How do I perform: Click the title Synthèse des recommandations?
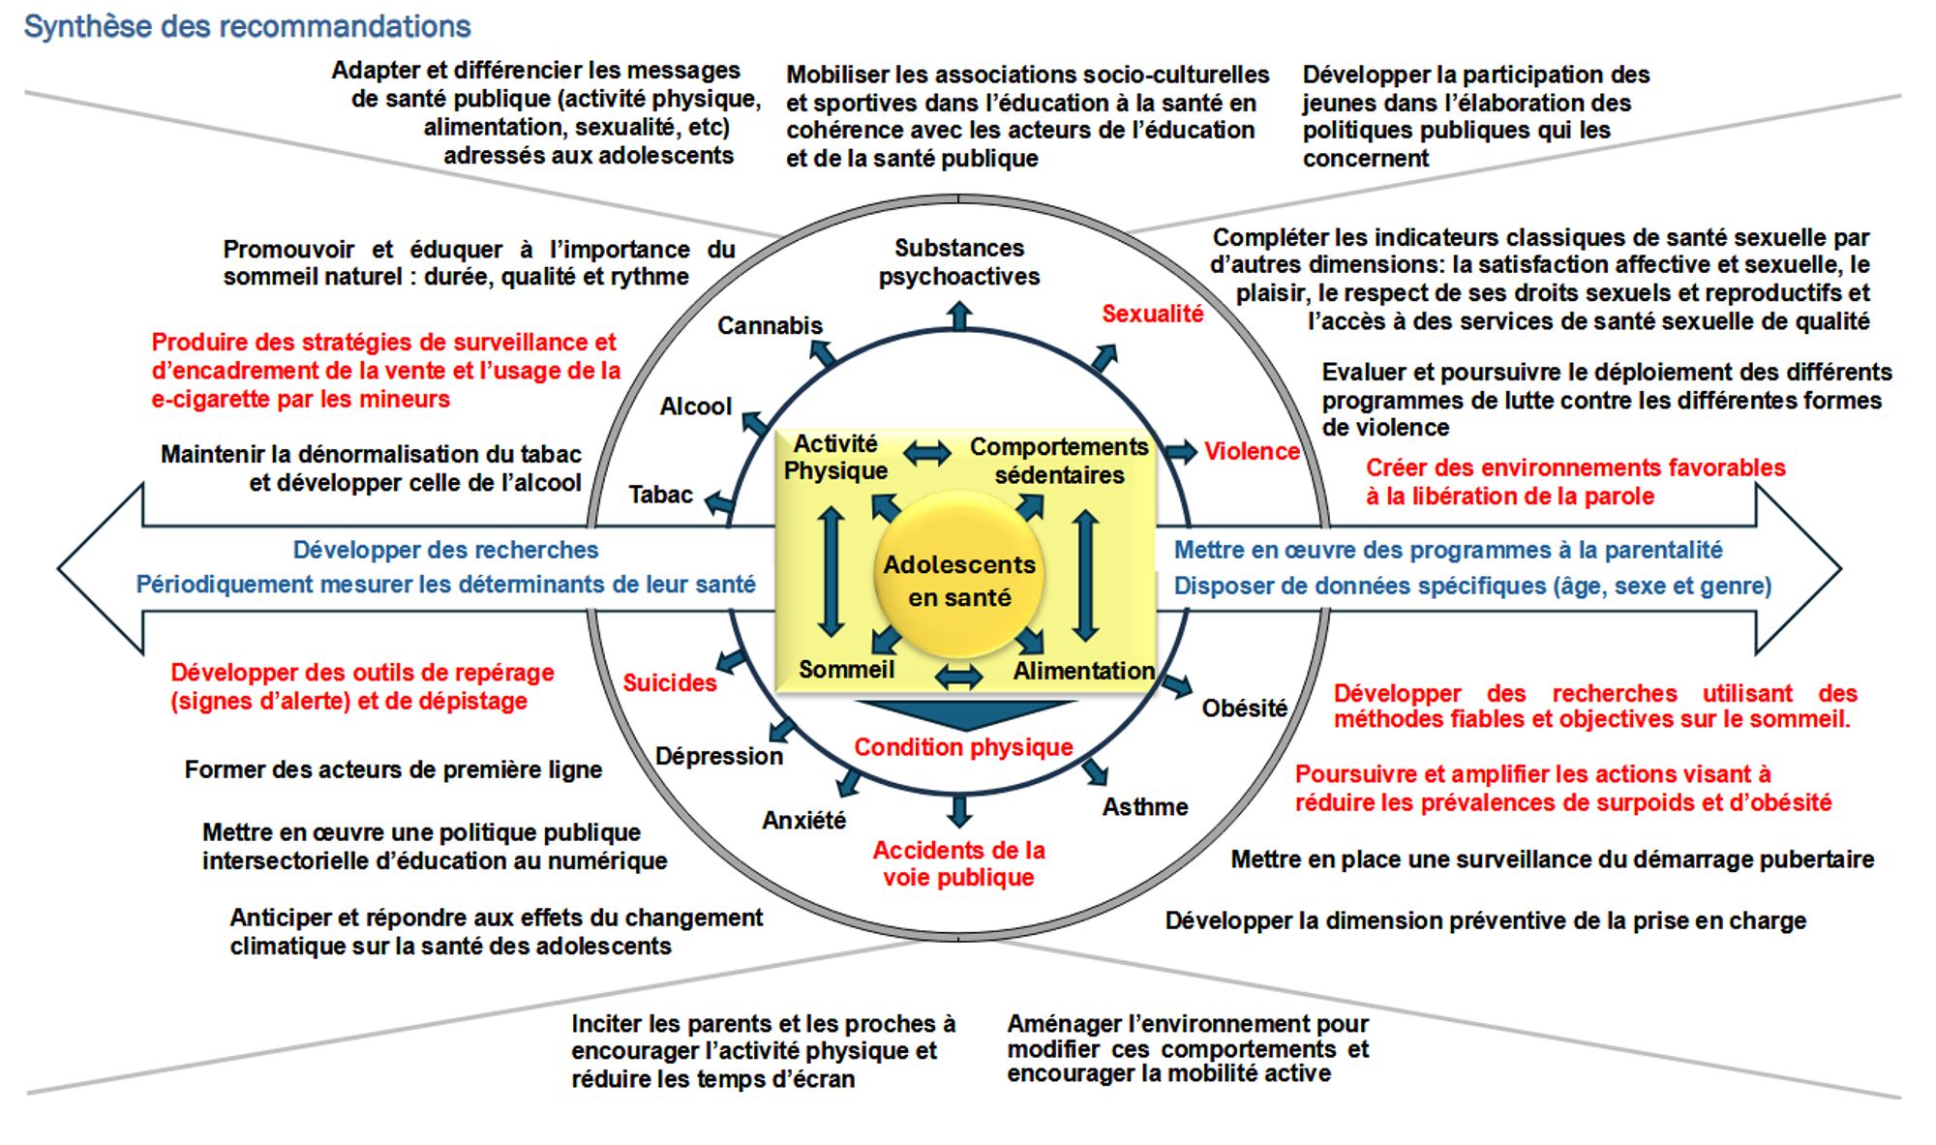247,26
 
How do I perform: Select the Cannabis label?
770,325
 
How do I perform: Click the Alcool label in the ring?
695,407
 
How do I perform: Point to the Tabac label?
660,495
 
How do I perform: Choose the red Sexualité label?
1152,314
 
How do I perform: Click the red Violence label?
1251,451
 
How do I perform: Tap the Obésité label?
1244,708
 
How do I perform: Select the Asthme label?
1145,806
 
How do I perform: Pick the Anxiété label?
803,820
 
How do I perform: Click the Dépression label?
718,756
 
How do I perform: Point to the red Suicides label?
669,682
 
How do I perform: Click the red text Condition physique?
963,747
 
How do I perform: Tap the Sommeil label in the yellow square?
846,669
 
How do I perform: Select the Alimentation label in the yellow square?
1083,671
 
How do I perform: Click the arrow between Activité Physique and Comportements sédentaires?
927,452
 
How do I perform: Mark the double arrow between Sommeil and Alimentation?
958,676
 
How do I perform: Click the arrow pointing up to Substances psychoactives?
958,316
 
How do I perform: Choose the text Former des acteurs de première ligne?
393,769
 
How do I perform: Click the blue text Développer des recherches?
445,550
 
